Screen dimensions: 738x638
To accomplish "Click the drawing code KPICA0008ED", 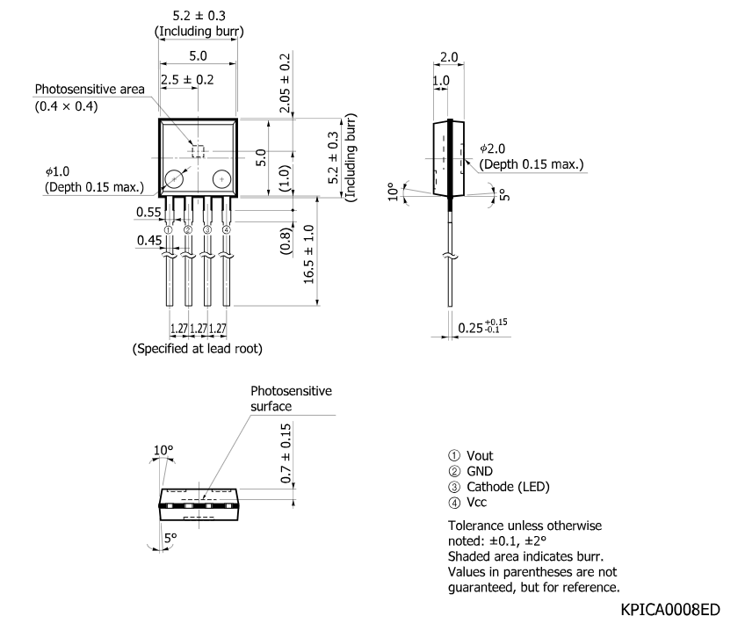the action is pos(670,609).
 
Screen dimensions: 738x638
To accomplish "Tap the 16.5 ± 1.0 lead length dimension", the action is pos(308,255).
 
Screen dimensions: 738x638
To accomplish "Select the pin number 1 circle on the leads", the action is pos(169,229).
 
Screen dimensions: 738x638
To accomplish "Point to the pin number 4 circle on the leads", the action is pos(227,229).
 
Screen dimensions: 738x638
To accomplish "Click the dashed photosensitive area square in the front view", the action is pos(199,151).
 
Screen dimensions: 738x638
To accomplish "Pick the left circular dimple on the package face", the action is pos(174,179).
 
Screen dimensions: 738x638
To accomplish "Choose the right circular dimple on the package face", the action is pos(221,179).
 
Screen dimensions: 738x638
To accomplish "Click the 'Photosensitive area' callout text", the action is pos(90,89).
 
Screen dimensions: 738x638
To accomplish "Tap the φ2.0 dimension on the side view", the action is pos(492,149).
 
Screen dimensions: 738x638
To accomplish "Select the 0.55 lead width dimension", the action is pos(148,212).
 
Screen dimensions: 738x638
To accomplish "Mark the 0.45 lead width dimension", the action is pos(149,241).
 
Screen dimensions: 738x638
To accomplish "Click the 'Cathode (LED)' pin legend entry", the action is pos(508,486).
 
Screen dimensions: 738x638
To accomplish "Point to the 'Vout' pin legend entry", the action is pos(480,456).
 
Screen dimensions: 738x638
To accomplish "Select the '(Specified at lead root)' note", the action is pos(197,348).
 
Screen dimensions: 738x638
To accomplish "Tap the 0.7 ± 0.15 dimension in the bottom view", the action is pos(286,453).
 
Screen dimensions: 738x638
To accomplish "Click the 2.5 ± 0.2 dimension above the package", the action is pos(187,80).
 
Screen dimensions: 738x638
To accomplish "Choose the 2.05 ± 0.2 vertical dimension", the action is pos(285,83).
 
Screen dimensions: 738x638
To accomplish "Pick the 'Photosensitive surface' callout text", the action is pos(291,398).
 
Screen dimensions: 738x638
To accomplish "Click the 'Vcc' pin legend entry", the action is pos(476,502).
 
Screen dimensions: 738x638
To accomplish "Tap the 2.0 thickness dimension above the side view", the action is pos(449,57).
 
